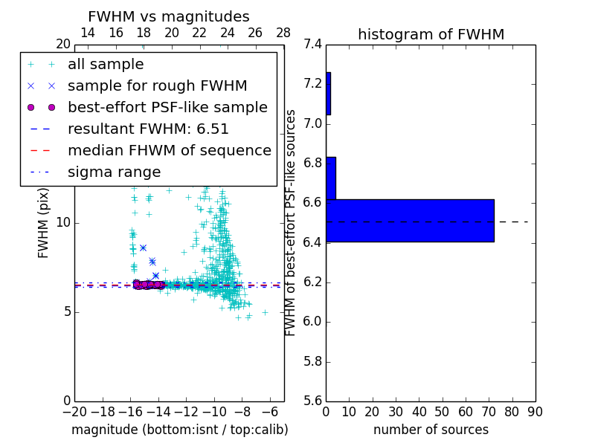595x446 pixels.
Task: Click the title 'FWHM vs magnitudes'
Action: pos(169,16)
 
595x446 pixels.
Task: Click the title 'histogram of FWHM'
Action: pos(431,34)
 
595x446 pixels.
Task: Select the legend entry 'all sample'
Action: pos(106,65)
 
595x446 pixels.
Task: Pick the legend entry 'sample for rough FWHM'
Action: pos(157,86)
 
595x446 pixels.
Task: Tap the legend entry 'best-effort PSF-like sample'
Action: pos(167,108)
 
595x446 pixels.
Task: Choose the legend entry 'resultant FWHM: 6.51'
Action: pos(148,129)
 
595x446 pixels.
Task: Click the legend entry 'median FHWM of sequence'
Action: pos(169,151)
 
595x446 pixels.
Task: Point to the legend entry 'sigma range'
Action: pos(114,172)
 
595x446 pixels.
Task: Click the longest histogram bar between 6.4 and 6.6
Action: pos(410,221)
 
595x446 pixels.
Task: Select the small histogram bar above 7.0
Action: pos(328,94)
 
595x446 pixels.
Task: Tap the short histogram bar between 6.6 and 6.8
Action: pos(331,178)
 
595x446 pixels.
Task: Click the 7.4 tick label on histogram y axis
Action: pos(312,44)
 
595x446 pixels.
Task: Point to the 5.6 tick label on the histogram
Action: pos(312,401)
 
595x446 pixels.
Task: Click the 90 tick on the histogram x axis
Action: pos(535,413)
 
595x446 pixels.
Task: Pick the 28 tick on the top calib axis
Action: pos(283,33)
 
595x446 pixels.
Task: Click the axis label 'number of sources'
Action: pos(431,430)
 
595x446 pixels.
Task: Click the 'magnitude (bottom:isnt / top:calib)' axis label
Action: pos(179,430)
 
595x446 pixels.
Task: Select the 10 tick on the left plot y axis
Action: pos(62,223)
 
